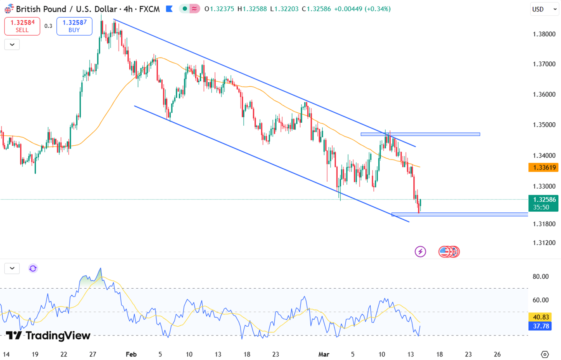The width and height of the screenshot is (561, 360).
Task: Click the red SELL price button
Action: tap(22, 26)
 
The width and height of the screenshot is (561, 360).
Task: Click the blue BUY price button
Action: tap(74, 26)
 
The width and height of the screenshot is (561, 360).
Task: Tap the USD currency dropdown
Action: tap(544, 9)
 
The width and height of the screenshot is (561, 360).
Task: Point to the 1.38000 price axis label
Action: tap(544, 34)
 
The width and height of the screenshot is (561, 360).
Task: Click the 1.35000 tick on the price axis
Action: tap(544, 125)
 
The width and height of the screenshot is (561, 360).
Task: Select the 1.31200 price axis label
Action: tap(544, 243)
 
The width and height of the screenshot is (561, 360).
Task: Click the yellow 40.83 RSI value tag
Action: tap(540, 317)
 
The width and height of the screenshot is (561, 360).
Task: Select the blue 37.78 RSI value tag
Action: tap(540, 326)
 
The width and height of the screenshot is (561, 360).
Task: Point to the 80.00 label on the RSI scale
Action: tap(540, 276)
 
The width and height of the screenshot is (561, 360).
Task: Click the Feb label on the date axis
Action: tap(131, 354)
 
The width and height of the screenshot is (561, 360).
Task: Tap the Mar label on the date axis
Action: tap(323, 354)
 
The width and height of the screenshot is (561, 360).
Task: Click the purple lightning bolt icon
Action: tap(420, 252)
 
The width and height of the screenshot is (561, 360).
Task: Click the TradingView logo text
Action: tap(49, 336)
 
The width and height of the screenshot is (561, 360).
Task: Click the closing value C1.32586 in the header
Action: tap(316, 9)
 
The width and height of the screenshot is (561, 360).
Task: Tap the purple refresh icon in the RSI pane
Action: tap(33, 268)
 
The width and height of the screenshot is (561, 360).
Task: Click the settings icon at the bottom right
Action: tap(544, 354)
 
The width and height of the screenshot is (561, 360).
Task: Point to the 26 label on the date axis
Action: tap(497, 354)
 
